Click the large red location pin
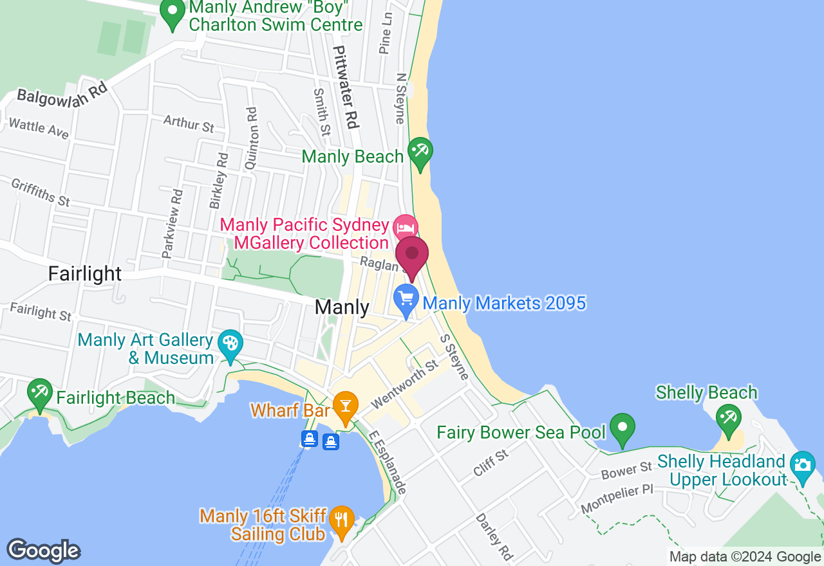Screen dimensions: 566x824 (x=412, y=255)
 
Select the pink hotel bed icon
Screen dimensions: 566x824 (x=406, y=227)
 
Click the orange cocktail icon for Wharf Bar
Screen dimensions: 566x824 (x=346, y=406)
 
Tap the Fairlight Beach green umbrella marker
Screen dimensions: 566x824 (x=40, y=392)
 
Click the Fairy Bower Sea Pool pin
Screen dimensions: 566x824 (x=622, y=427)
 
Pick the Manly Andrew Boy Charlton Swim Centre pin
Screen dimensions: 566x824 (x=172, y=14)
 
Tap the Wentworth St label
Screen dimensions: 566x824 (x=404, y=384)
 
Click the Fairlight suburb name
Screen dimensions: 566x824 (x=85, y=273)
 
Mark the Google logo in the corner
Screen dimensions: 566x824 (x=43, y=551)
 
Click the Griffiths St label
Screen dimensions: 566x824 (x=41, y=192)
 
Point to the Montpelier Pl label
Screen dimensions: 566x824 (x=617, y=498)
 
